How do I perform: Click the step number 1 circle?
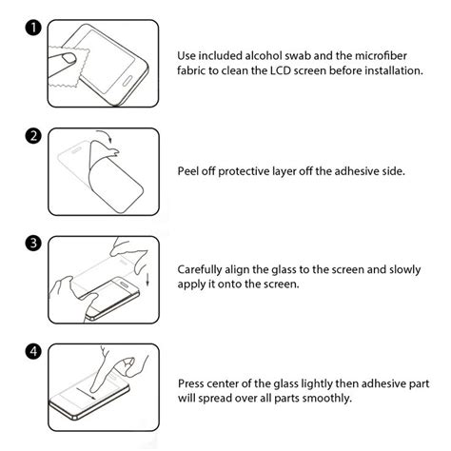[x=32, y=29]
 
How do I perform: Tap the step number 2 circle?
[x=32, y=136]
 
